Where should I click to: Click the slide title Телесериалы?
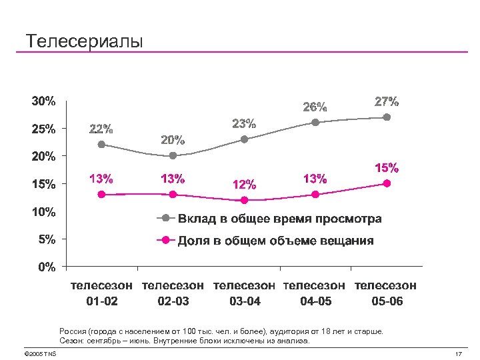coord(84,41)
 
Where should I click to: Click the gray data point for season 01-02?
coord(101,144)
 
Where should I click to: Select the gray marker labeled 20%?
coord(173,155)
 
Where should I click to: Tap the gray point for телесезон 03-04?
coord(244,139)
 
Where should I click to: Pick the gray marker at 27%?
coord(387,117)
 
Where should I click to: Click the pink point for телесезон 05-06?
coord(387,183)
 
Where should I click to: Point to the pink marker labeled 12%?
coord(244,200)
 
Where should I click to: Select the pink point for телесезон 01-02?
coord(101,195)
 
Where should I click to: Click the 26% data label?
coord(315,107)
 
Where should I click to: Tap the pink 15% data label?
coord(387,167)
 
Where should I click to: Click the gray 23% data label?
coord(244,123)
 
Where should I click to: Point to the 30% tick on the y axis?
coord(43,101)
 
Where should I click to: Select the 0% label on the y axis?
coord(46,267)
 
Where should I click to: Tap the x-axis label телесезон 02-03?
coord(173,293)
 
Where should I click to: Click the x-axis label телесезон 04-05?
coord(315,293)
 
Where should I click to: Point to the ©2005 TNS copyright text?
coord(39,353)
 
